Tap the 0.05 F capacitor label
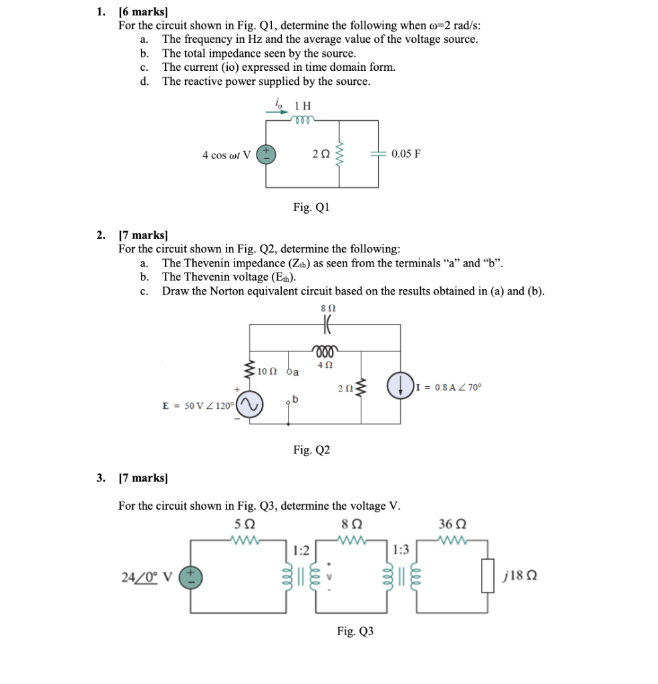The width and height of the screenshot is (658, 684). (406, 154)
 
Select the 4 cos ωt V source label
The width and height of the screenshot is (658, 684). (226, 155)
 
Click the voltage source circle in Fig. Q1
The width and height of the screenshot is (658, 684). (267, 154)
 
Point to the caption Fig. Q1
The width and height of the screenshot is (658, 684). (311, 207)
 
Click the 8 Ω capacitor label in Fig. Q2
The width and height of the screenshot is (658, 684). (327, 309)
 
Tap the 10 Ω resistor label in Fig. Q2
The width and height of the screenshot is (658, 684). (267, 371)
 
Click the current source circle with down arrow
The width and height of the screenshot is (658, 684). (399, 387)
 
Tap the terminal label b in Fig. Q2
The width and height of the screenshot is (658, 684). (295, 399)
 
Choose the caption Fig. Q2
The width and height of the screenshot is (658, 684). (311, 450)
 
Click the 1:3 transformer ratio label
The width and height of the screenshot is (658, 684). (401, 550)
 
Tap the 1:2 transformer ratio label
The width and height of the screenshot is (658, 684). (301, 550)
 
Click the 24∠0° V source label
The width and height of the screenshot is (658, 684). (147, 575)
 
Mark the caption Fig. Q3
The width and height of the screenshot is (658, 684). (355, 631)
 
